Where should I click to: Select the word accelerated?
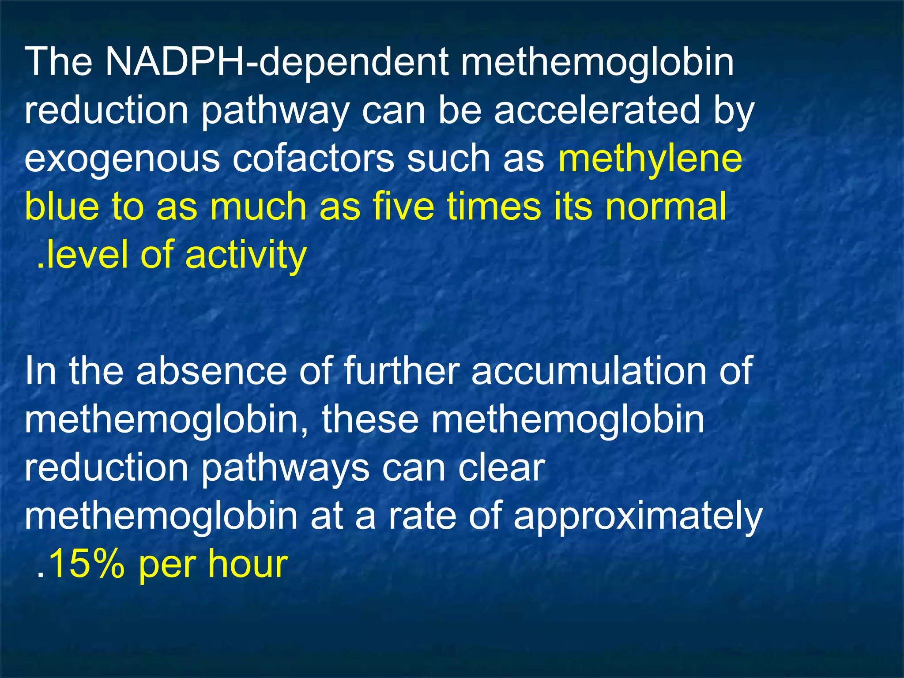pos(597,110)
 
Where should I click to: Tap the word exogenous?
pos(122,159)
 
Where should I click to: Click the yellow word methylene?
pos(650,159)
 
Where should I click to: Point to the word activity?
pos(245,256)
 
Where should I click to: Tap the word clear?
pos(501,468)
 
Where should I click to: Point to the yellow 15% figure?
pos(86,565)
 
